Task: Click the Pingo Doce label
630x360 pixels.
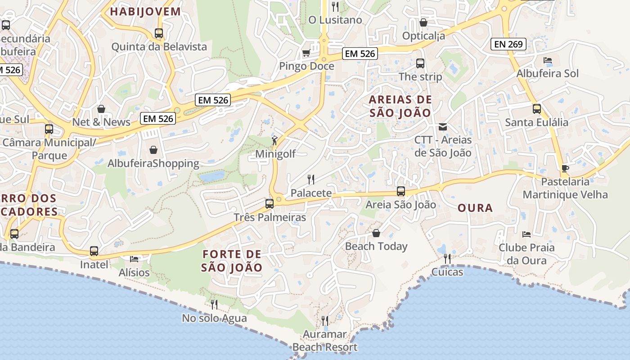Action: coord(306,66)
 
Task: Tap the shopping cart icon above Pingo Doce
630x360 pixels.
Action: coord(306,53)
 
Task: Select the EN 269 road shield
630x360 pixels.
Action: coord(508,44)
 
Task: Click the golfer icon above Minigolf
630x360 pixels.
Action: coord(275,140)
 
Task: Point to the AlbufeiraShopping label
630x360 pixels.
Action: coord(153,163)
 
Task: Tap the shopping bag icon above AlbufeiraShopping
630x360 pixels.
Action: coord(153,149)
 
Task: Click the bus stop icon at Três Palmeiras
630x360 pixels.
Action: coord(270,203)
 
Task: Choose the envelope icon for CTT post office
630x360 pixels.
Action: coord(443,127)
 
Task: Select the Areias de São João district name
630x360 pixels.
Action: coord(400,106)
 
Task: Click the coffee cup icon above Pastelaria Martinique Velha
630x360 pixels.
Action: coord(565,168)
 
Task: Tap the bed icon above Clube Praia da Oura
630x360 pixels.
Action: coord(526,234)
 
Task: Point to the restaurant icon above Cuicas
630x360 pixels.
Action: coord(447,258)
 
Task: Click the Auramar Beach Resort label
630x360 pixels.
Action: coord(324,341)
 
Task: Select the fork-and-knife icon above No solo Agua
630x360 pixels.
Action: coord(214,305)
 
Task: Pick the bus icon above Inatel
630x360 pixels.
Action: coord(94,251)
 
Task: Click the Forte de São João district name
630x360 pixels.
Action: coord(231,261)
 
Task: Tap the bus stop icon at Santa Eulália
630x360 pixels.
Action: coord(536,108)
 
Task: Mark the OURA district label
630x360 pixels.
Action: coord(475,208)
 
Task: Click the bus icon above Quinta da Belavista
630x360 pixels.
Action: coord(159,33)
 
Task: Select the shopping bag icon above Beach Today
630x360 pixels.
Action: coord(376,233)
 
